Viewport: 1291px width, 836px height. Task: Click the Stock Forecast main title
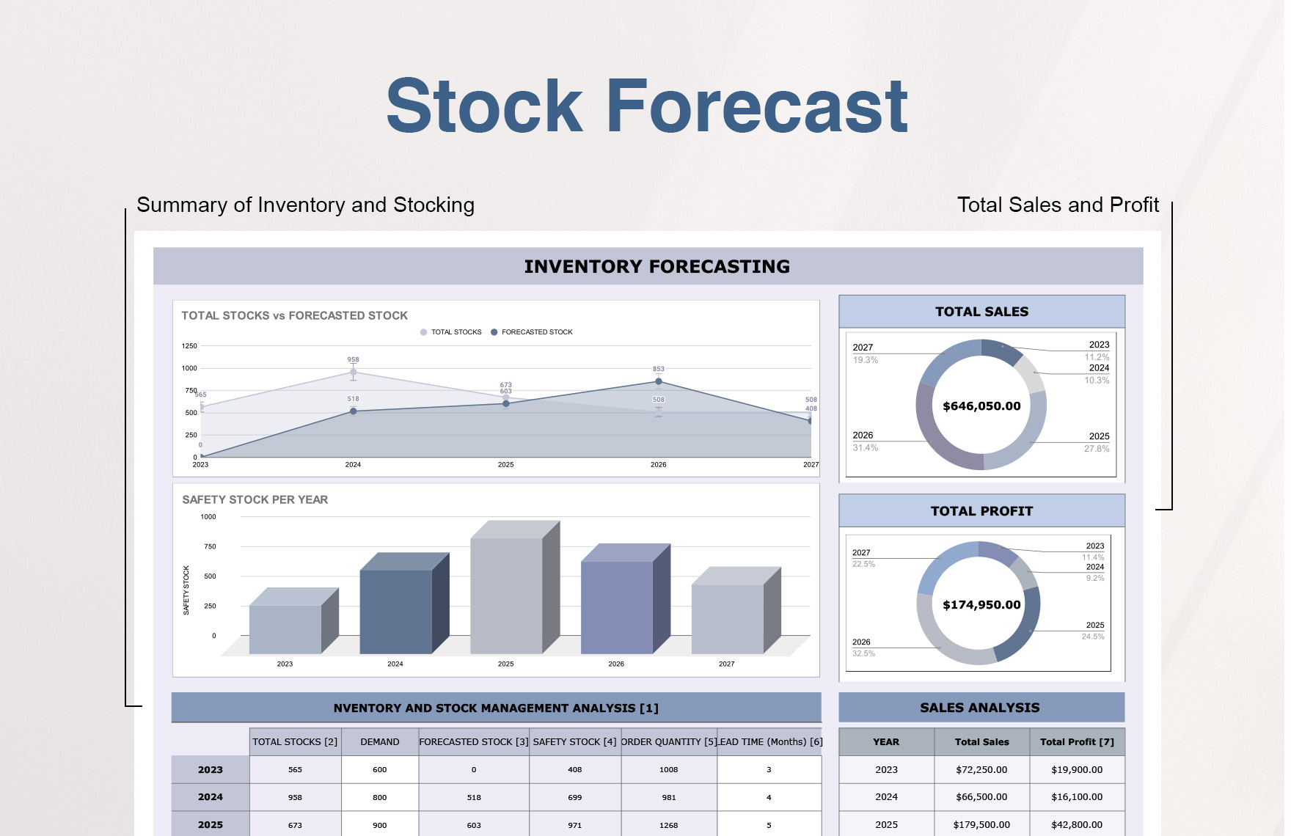pyautogui.click(x=646, y=107)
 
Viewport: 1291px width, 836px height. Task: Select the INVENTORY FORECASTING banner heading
pyautogui.click(x=657, y=267)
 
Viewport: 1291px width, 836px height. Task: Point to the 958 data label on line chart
pyautogui.click(x=353, y=360)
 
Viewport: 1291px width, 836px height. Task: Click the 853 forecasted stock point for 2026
pyautogui.click(x=659, y=381)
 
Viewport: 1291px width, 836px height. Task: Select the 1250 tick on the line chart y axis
pyautogui.click(x=189, y=346)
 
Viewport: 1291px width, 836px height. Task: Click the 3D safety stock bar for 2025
pyautogui.click(x=506, y=594)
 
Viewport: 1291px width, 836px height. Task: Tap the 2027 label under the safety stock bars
pyautogui.click(x=726, y=664)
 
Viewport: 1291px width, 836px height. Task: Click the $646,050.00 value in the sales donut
pyautogui.click(x=981, y=406)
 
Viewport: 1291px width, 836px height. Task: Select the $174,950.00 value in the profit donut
pyautogui.click(x=981, y=605)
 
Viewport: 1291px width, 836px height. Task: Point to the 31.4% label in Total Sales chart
pyautogui.click(x=865, y=448)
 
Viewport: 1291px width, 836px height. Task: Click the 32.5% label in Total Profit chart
pyautogui.click(x=863, y=653)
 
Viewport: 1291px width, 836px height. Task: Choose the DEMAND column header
pyautogui.click(x=379, y=742)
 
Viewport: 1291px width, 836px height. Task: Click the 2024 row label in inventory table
pyautogui.click(x=210, y=797)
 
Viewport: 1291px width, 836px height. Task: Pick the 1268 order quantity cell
pyautogui.click(x=668, y=825)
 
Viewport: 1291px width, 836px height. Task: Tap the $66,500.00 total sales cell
pyautogui.click(x=981, y=797)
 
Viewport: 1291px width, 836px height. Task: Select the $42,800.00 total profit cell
pyautogui.click(x=1076, y=825)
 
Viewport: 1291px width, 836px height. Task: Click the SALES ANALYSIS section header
pyautogui.click(x=980, y=708)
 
